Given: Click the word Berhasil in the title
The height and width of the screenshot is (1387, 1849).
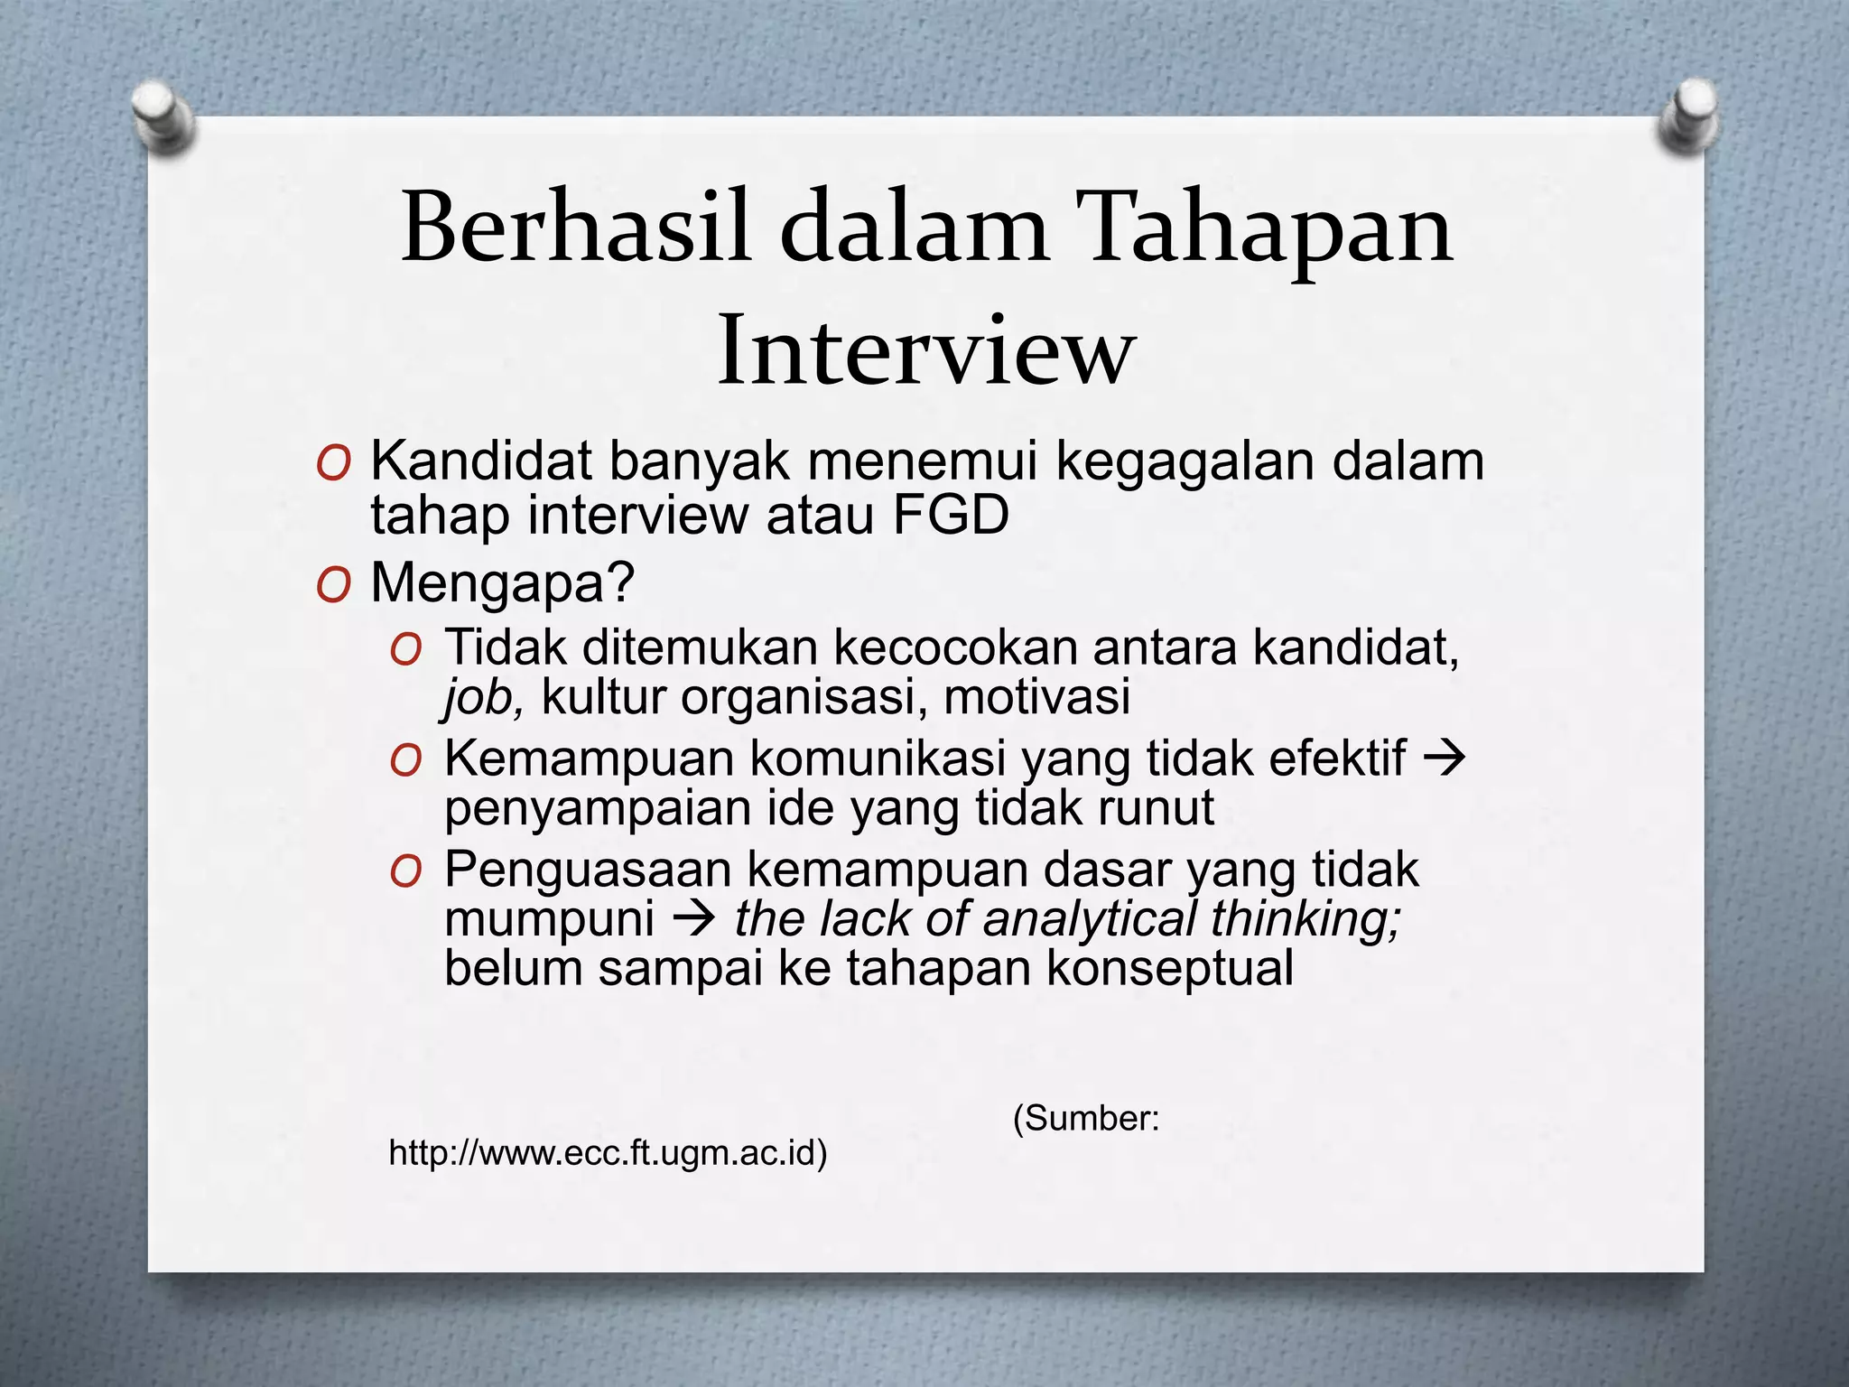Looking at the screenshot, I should [x=575, y=228].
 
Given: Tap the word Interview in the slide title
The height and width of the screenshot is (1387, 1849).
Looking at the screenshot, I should [x=924, y=350].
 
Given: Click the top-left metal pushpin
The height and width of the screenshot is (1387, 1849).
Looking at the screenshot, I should [x=163, y=117].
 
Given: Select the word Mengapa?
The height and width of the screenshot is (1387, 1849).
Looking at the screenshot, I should [x=503, y=583].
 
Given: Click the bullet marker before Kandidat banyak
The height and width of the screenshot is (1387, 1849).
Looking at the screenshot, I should [x=332, y=466].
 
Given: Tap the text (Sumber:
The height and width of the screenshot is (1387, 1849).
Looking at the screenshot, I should [x=1086, y=1119].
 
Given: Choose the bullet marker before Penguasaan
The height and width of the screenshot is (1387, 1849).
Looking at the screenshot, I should [x=405, y=873].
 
